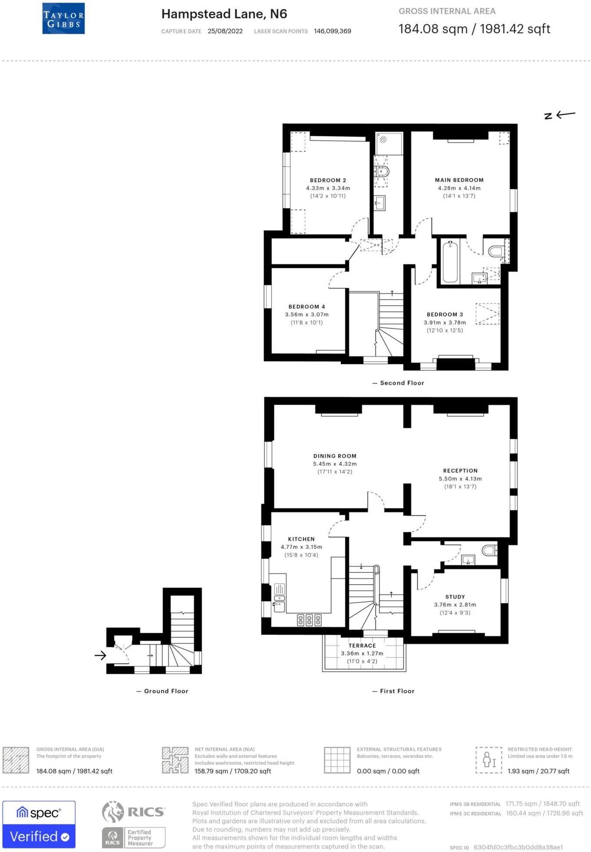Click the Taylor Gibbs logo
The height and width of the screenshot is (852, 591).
pyautogui.click(x=63, y=19)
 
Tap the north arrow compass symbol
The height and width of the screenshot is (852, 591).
pyautogui.click(x=560, y=115)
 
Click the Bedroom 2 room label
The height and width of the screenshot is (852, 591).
pyautogui.click(x=328, y=180)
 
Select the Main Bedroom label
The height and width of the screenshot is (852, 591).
pyautogui.click(x=459, y=180)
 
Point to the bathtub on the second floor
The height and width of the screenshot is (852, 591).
pyautogui.click(x=450, y=262)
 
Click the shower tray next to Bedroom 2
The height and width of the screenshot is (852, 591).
pyautogui.click(x=389, y=143)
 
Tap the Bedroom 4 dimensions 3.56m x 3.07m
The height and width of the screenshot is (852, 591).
pyautogui.click(x=307, y=315)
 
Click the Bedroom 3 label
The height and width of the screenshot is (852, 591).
pyautogui.click(x=444, y=314)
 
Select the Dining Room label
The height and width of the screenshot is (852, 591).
pyautogui.click(x=334, y=456)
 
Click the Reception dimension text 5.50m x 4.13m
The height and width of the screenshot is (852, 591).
pyautogui.click(x=460, y=479)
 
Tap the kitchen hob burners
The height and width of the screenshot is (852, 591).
pyautogui.click(x=309, y=620)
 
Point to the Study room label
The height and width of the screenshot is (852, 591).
pyautogui.click(x=455, y=597)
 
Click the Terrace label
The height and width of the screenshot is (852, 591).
pyautogui.click(x=362, y=646)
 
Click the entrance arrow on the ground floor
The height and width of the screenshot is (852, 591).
pyautogui.click(x=100, y=655)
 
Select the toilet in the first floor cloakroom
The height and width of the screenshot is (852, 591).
pyautogui.click(x=489, y=550)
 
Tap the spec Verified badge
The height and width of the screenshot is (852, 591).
pyautogui.click(x=39, y=824)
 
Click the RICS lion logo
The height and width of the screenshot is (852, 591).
pyautogui.click(x=113, y=812)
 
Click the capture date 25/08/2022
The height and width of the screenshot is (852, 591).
pyautogui.click(x=225, y=31)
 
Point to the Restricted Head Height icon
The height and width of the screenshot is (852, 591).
pyautogui.click(x=489, y=760)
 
